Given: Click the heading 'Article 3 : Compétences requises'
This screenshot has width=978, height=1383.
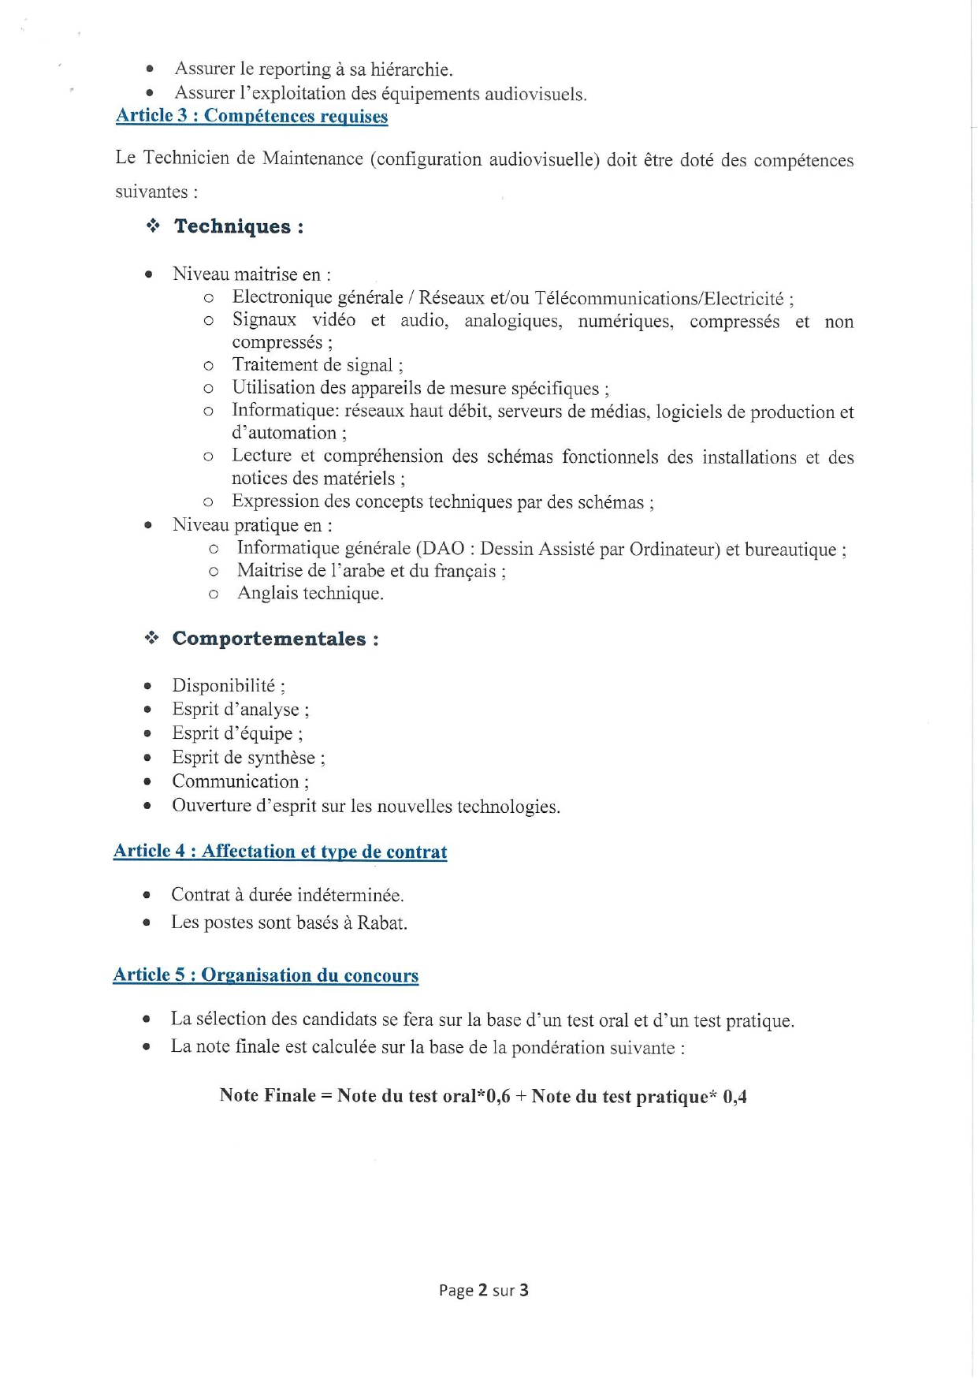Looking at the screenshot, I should pyautogui.click(x=251, y=116).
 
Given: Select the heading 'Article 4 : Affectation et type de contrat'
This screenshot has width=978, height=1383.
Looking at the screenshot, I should pyautogui.click(x=280, y=852).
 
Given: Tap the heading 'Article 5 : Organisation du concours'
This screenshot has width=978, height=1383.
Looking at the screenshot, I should pyautogui.click(x=266, y=975).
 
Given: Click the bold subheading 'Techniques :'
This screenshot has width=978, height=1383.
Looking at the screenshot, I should pyautogui.click(x=239, y=226).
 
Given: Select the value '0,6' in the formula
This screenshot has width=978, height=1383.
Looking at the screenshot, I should pyautogui.click(x=498, y=1096).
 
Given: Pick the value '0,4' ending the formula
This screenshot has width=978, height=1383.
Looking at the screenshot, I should pyautogui.click(x=734, y=1097).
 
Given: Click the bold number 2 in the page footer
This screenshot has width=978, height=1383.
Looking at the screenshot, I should pyautogui.click(x=482, y=1291).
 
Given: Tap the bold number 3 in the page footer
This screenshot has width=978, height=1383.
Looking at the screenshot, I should pyautogui.click(x=523, y=1291).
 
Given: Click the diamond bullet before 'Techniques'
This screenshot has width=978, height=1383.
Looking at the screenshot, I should pyautogui.click(x=153, y=226).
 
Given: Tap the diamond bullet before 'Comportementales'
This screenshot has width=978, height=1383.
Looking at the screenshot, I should pyautogui.click(x=151, y=638).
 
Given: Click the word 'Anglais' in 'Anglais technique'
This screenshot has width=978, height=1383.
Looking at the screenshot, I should pyautogui.click(x=265, y=593).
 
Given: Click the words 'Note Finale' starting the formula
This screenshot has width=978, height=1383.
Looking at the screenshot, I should pyautogui.click(x=267, y=1095).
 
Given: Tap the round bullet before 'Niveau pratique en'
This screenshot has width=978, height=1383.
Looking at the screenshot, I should pyautogui.click(x=147, y=525).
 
